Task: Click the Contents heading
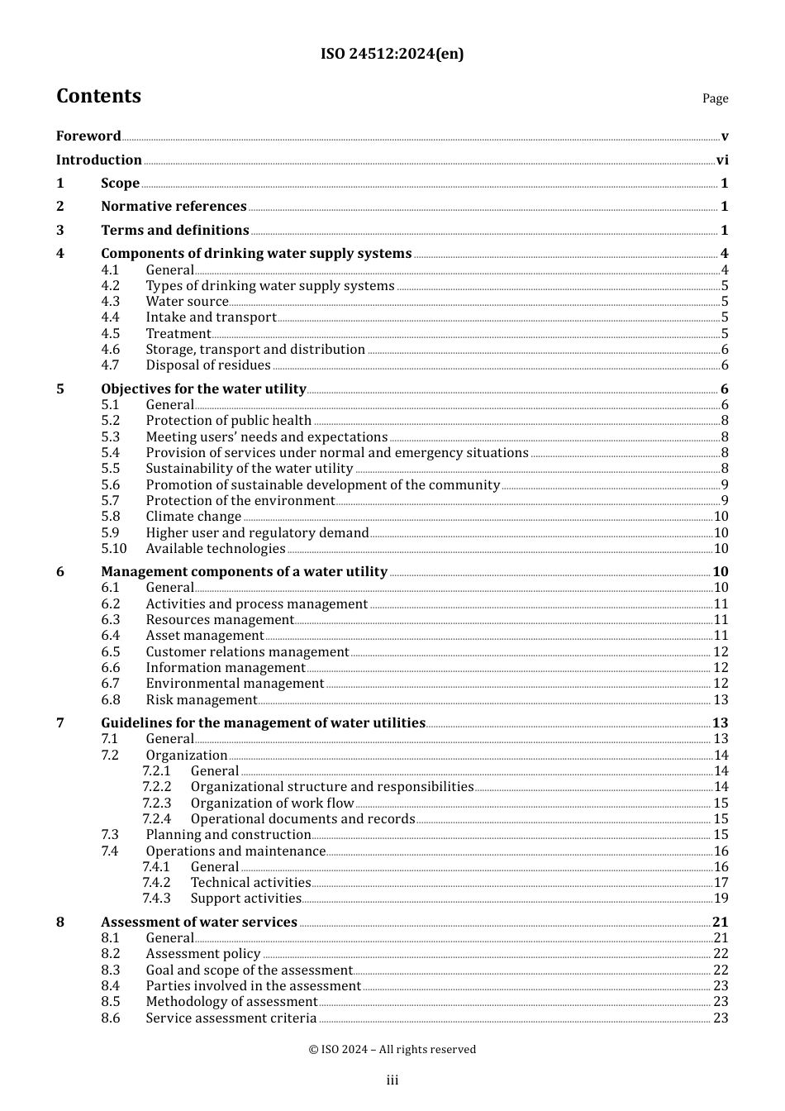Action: point(98,96)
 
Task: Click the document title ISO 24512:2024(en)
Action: point(392,54)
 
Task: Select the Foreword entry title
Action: point(88,136)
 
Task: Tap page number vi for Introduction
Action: point(722,160)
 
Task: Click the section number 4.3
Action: point(110,302)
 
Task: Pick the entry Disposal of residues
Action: point(208,365)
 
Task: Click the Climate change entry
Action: point(193,517)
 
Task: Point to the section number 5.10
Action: point(114,549)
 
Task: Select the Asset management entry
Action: point(205,636)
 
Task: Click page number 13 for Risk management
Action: point(721,700)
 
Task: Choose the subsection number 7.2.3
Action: point(156,803)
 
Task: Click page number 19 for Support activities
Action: point(721,899)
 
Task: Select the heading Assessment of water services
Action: point(199,922)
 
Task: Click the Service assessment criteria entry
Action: point(231,1018)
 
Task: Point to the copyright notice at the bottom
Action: point(392,1049)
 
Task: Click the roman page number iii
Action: point(392,1080)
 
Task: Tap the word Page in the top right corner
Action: point(715,98)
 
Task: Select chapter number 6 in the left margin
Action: point(60,572)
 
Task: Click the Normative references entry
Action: point(174,207)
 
